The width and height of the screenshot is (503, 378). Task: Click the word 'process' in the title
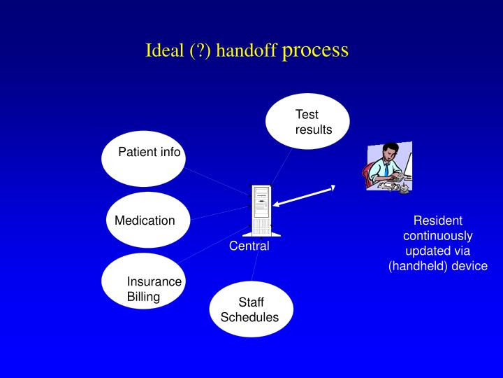315,51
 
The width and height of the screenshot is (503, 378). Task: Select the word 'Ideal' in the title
162,51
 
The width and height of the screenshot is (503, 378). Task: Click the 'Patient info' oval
144,158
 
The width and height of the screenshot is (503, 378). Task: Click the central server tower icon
261,210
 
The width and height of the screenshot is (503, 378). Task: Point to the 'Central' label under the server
249,246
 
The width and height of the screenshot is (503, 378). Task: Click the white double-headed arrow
305,195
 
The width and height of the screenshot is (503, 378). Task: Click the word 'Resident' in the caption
438,220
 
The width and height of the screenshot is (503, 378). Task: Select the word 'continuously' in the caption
438,235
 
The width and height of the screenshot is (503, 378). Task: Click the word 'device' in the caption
471,266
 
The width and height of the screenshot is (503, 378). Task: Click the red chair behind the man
368,175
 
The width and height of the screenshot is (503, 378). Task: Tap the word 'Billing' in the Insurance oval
143,296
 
